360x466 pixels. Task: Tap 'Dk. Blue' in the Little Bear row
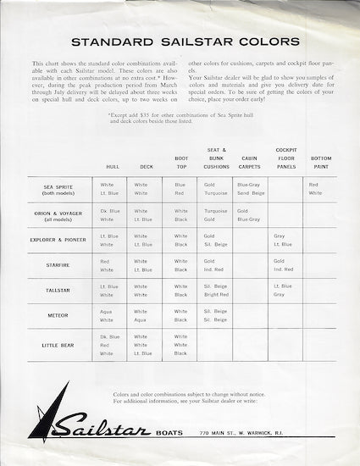pos(109,336)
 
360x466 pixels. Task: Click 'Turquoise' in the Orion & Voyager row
pos(215,210)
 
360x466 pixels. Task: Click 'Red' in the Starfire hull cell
pos(106,261)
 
